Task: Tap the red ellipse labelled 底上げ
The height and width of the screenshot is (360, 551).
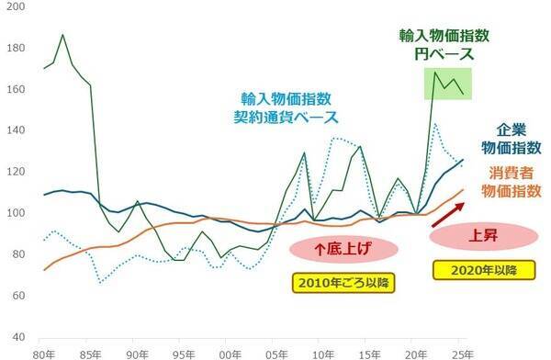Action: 343,248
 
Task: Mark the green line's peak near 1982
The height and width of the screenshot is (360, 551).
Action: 62,35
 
